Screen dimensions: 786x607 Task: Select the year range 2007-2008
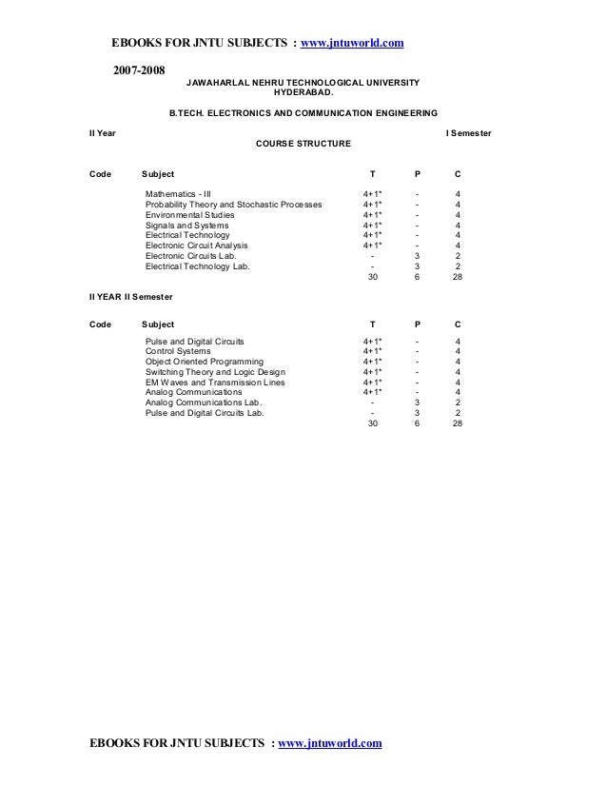(x=139, y=70)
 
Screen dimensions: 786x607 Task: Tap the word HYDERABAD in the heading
(x=303, y=94)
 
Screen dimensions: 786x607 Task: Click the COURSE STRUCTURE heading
(x=303, y=143)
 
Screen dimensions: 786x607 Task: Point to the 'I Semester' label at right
(x=468, y=132)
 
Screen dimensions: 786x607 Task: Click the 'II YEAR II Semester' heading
(x=131, y=297)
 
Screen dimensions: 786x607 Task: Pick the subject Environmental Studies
(x=189, y=214)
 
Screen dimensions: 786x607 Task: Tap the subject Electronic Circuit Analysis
(x=196, y=246)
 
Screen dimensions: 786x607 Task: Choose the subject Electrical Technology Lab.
(x=197, y=266)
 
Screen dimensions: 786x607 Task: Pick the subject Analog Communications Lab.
(x=204, y=403)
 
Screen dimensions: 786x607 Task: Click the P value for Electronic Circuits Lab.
(x=417, y=256)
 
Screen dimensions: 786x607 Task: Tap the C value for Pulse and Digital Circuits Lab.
(x=459, y=413)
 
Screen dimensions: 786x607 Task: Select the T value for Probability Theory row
(x=372, y=204)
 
